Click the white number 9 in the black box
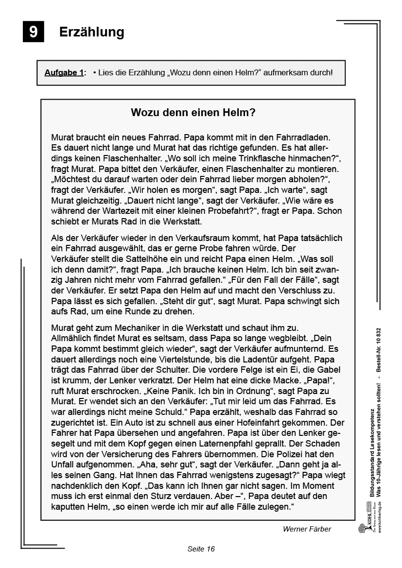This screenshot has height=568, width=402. (x=33, y=32)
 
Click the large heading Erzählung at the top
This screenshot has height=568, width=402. (x=91, y=32)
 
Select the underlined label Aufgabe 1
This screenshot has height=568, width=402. (x=64, y=73)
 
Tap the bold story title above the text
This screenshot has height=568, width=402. (x=193, y=113)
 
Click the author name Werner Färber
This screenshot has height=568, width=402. (x=307, y=529)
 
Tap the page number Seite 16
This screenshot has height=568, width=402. (x=201, y=549)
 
